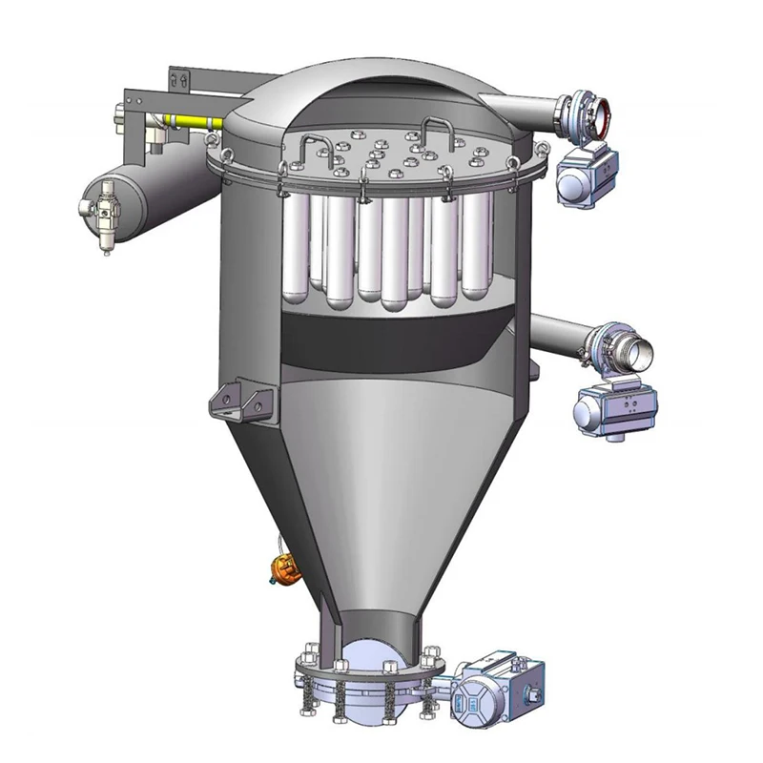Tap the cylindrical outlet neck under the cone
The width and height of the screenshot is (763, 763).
tap(377, 629)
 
